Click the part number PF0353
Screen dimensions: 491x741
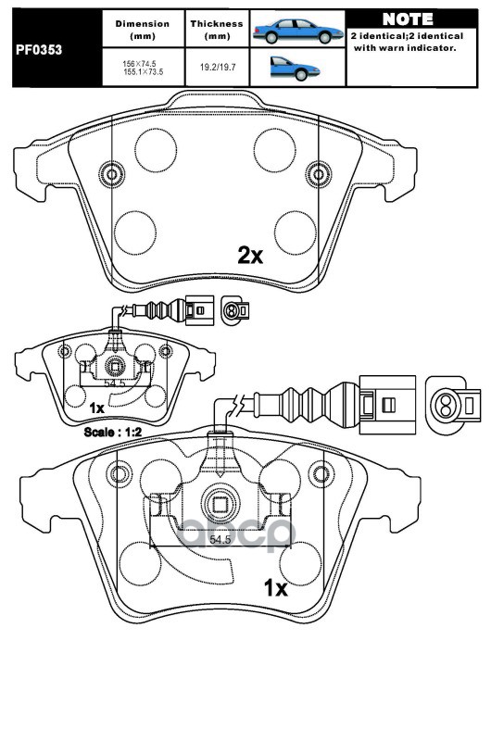[39, 50]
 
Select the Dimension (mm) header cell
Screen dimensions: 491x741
[143, 30]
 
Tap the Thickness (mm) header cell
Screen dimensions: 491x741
[217, 30]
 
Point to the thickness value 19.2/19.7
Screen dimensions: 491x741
[218, 67]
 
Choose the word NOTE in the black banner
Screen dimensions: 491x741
[408, 19]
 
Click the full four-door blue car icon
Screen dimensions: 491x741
[297, 31]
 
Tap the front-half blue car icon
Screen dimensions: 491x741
[295, 68]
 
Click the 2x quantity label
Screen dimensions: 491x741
[250, 256]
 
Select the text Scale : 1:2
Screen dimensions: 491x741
[113, 432]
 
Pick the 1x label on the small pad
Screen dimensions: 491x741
[97, 408]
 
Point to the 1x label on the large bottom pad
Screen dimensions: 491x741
[275, 588]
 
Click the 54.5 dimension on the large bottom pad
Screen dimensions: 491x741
[220, 540]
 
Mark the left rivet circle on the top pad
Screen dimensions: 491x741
[112, 174]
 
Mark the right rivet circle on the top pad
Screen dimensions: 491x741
[317, 173]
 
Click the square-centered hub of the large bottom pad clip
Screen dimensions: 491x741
[220, 505]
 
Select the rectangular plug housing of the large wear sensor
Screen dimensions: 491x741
[387, 405]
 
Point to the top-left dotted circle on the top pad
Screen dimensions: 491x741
[156, 150]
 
